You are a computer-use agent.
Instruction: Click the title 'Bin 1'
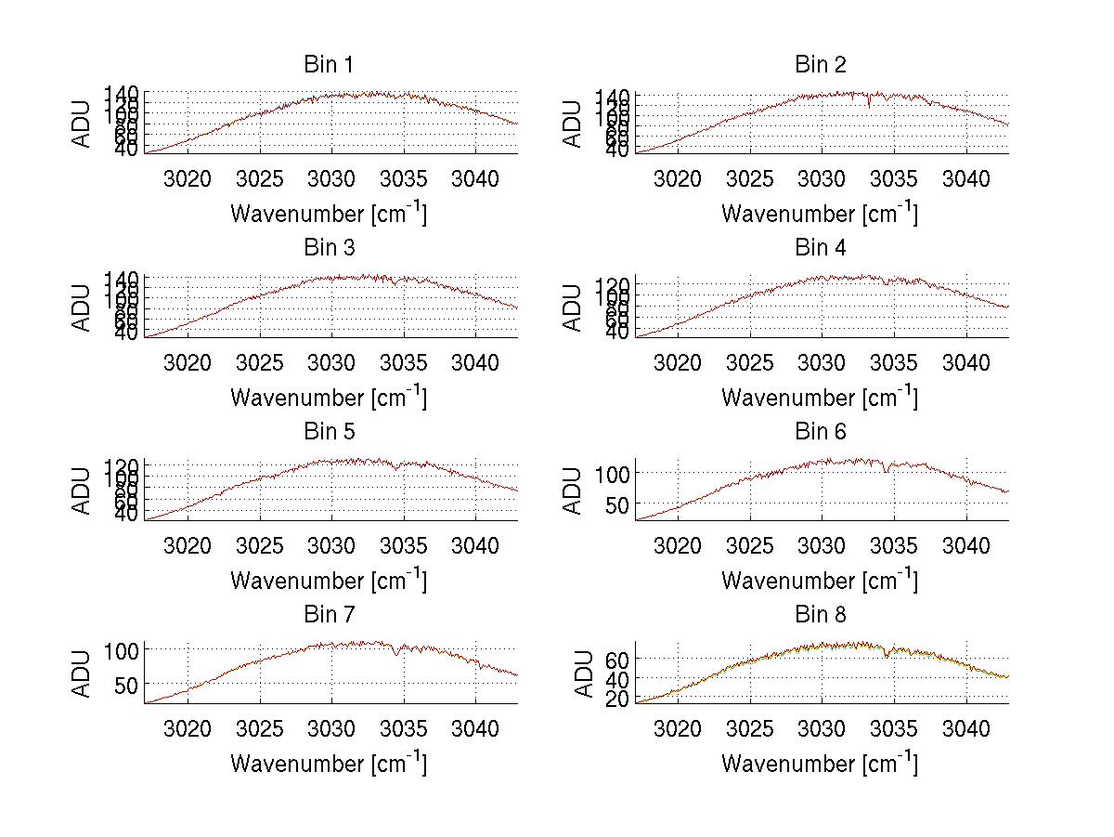pos(328,65)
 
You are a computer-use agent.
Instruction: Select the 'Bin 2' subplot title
pos(821,65)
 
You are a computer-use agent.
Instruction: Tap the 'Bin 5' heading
pos(328,432)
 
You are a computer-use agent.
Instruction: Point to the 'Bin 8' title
pos(821,615)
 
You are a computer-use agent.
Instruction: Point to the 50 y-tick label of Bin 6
pos(617,504)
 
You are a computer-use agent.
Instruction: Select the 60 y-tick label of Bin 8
pos(617,659)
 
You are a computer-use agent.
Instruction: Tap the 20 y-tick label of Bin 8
pos(617,699)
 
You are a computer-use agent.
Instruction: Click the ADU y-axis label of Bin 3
pos(83,307)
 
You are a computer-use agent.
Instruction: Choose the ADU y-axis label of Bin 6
pos(573,490)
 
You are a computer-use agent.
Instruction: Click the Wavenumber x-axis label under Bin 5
pos(328,581)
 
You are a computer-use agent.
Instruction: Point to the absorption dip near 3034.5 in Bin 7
pos(398,655)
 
